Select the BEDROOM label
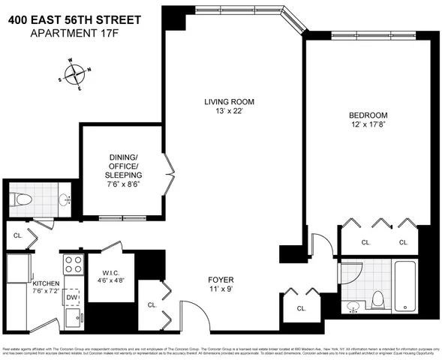pyautogui.click(x=368, y=115)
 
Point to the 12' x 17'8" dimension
pyautogui.click(x=368, y=125)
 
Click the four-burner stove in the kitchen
pyautogui.click(x=72, y=264)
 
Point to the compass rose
pyautogui.click(x=74, y=74)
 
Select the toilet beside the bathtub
pyautogui.click(x=377, y=298)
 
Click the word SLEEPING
pyautogui.click(x=122, y=175)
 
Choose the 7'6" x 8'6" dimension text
pyautogui.click(x=122, y=184)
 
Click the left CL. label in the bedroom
pyautogui.click(x=366, y=242)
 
